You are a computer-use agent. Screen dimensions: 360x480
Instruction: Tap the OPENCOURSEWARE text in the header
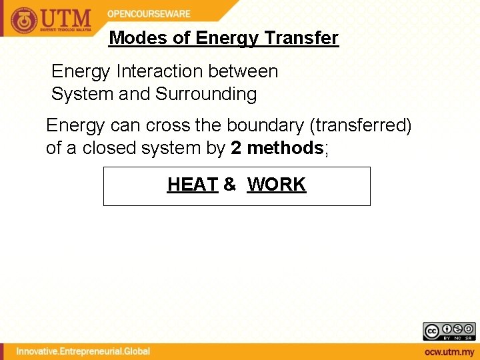click(149, 13)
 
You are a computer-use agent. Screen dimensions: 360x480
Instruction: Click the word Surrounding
click(206, 94)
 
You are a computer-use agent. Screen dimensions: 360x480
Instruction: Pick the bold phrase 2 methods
click(277, 148)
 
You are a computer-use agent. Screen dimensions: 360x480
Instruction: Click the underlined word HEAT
click(193, 185)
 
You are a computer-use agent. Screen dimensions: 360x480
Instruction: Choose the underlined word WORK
click(276, 185)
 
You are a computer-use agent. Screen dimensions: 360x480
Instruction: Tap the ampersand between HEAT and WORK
click(230, 185)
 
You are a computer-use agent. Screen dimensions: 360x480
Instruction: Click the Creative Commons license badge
click(449, 331)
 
